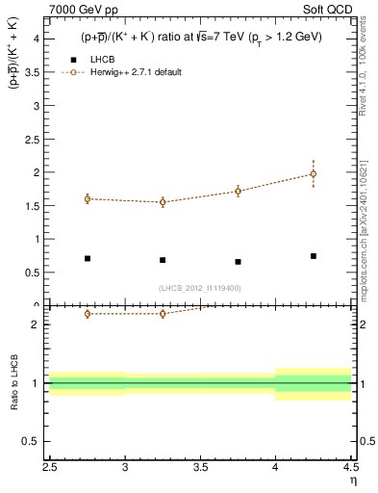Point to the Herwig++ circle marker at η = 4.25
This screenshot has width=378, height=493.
(314, 174)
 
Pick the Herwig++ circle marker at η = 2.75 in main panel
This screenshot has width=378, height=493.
(88, 198)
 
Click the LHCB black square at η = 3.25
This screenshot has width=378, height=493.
(163, 260)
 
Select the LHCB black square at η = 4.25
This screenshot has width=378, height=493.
(314, 256)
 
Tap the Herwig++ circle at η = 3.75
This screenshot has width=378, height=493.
(238, 191)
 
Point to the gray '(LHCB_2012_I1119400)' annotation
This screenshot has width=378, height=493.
(200, 288)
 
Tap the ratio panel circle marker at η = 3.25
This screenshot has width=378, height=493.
(163, 314)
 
